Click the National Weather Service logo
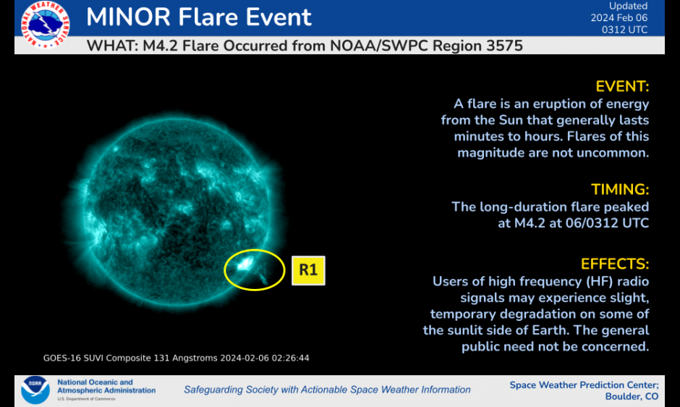coord(45,25)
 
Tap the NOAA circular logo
coord(35,390)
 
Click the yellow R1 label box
coord(308,270)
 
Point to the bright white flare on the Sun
coord(245,263)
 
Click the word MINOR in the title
coord(128,17)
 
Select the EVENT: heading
coord(622,86)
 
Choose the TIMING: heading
coord(620,190)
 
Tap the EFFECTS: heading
coord(615,264)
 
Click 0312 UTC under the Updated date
coord(624,30)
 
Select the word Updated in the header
coord(629,6)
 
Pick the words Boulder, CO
coord(632,397)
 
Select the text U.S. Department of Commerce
coord(86,399)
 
